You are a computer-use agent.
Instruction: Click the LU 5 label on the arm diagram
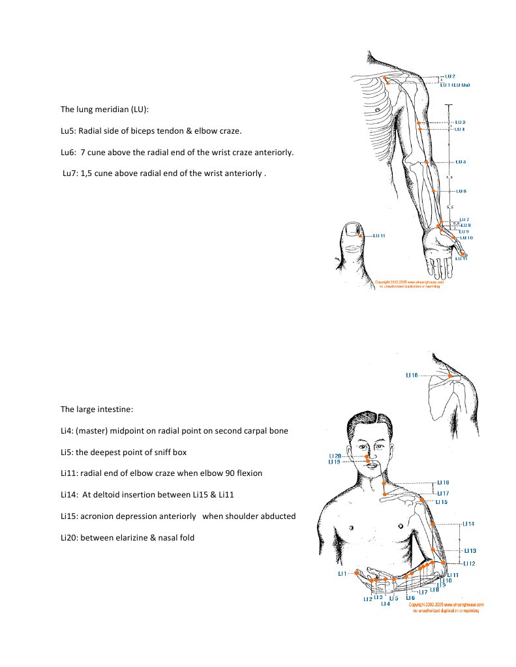pos(460,162)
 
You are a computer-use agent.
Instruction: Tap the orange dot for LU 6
pos(434,191)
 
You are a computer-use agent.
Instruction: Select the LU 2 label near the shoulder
pos(449,77)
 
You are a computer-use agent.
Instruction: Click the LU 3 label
pos(460,122)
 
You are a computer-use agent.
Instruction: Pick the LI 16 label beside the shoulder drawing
pos(411,376)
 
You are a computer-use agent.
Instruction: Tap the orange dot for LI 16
pos(450,376)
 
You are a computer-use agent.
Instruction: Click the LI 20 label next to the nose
pos(335,456)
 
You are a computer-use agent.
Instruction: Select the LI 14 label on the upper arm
pos(468,524)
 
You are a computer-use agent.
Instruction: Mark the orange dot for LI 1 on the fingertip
pos(356,574)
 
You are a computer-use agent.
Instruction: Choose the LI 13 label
pos(469,550)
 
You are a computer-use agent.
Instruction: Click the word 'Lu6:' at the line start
pos(68,153)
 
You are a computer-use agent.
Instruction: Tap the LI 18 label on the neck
pos(442,483)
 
